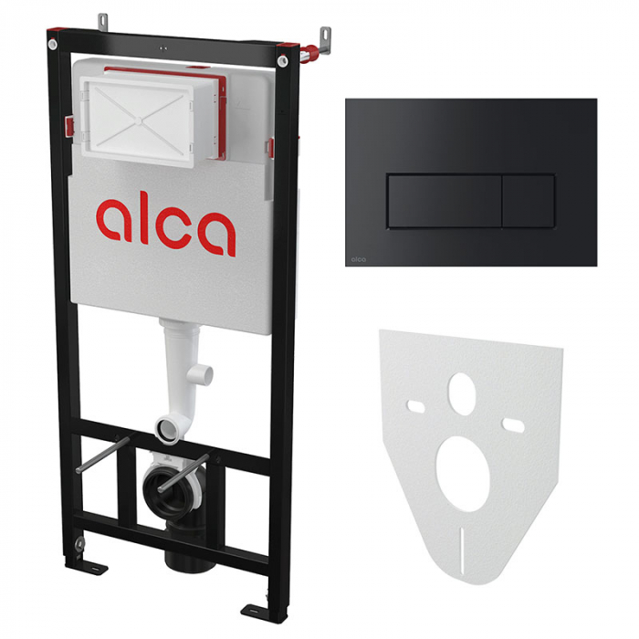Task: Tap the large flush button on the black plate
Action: coord(445,201)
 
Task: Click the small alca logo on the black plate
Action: coord(359,259)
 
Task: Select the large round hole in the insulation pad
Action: coord(462,474)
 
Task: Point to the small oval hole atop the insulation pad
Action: coord(462,389)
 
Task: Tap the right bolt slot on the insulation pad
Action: coord(513,424)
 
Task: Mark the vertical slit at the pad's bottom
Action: coord(461,550)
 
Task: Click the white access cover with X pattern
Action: coord(138,120)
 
